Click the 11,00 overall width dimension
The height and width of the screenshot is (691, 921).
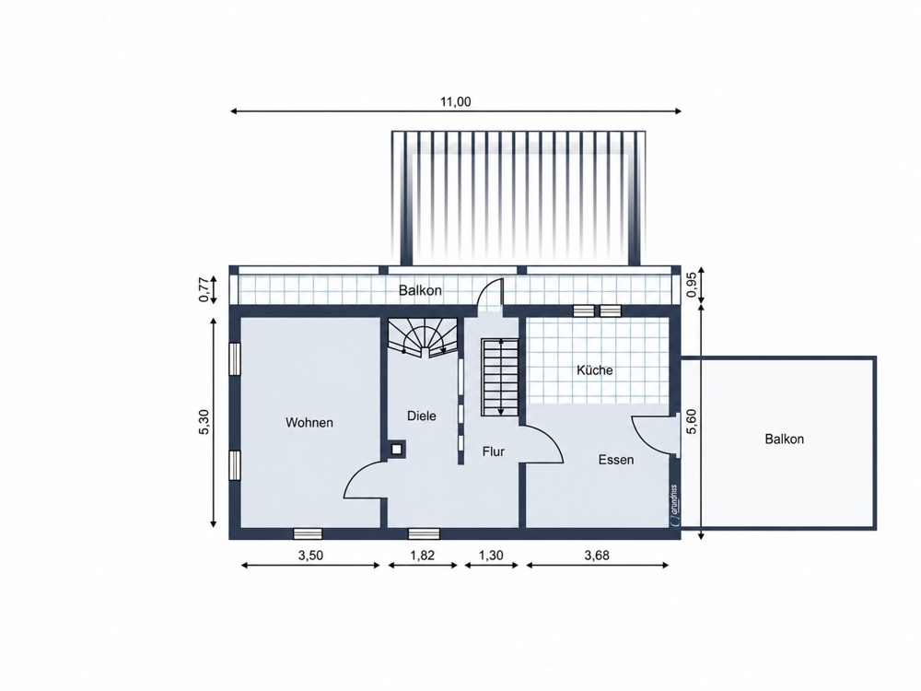(x=456, y=101)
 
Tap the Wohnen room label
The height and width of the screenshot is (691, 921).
(x=309, y=423)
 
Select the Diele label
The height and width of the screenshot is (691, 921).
(x=422, y=416)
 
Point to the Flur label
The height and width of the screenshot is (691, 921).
(x=494, y=451)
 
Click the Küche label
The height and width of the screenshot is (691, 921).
(x=595, y=370)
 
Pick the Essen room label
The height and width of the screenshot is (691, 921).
(x=616, y=460)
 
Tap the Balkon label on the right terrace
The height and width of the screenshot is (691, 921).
(x=784, y=439)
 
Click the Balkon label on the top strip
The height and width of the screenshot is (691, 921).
(x=420, y=290)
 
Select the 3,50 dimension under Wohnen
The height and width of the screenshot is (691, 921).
(x=310, y=556)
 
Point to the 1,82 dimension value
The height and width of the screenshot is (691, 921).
(x=423, y=556)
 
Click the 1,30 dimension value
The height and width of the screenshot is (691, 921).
(x=491, y=556)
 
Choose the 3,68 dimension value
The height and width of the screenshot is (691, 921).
(x=597, y=556)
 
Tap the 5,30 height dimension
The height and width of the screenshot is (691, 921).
(x=204, y=422)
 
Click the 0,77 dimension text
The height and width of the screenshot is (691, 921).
(x=204, y=290)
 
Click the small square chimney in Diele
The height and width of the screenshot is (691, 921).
(x=397, y=450)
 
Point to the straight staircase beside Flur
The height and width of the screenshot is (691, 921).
(x=500, y=377)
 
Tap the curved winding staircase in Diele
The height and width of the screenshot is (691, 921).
(x=423, y=338)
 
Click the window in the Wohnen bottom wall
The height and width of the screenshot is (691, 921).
(x=308, y=533)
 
